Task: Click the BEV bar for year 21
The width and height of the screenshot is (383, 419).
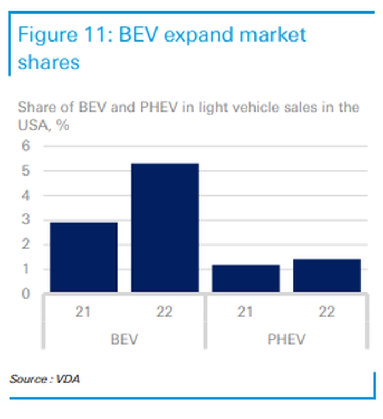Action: click(x=83, y=257)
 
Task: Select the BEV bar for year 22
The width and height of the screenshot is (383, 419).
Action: click(x=164, y=227)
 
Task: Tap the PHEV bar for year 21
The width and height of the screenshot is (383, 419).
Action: click(x=246, y=278)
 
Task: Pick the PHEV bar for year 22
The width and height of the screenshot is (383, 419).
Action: click(x=327, y=275)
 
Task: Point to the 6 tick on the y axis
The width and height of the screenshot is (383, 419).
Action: click(x=26, y=146)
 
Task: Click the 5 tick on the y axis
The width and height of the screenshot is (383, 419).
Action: click(x=26, y=171)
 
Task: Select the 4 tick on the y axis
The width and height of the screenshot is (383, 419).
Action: click(x=26, y=195)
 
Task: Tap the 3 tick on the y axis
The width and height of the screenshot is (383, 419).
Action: click(x=26, y=220)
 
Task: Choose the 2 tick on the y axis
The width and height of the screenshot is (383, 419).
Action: click(x=26, y=245)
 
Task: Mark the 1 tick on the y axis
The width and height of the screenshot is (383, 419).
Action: click(x=26, y=269)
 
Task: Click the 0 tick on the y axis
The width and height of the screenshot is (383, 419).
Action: click(x=26, y=294)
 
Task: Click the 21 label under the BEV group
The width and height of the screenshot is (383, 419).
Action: click(x=83, y=312)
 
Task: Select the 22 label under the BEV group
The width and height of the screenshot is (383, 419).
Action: click(x=164, y=312)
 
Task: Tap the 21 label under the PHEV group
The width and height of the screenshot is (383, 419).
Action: click(x=246, y=312)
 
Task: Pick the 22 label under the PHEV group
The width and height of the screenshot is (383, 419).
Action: click(x=327, y=312)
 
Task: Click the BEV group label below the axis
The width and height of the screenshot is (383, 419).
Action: click(x=124, y=339)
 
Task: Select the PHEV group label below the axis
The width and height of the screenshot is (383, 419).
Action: click(x=286, y=339)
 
